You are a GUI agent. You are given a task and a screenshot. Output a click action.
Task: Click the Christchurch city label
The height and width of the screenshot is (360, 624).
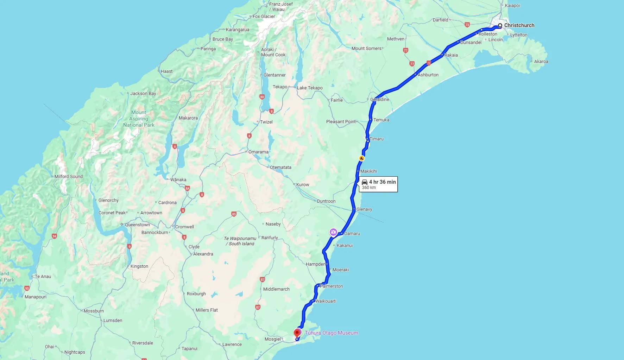click(519, 25)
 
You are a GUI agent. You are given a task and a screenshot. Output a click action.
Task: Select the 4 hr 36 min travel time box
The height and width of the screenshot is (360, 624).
click(378, 184)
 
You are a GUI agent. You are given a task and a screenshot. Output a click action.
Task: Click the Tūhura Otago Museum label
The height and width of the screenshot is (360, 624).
click(331, 333)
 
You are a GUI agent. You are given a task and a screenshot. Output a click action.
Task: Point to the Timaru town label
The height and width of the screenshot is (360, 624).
click(376, 139)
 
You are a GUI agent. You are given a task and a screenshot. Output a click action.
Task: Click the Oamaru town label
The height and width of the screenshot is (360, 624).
click(352, 234)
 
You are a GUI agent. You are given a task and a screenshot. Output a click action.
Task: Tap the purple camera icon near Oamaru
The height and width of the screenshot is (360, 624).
click(333, 232)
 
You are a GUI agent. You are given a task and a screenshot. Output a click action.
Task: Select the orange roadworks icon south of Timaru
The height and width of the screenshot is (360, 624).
click(361, 158)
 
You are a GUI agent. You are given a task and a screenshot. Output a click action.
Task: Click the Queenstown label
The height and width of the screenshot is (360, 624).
click(137, 225)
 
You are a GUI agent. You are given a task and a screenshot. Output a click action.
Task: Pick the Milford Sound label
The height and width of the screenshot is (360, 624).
click(69, 177)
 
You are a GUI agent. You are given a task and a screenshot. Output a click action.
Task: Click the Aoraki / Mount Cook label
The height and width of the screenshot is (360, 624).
click(273, 52)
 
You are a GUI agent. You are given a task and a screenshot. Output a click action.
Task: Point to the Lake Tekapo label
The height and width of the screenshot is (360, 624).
click(310, 88)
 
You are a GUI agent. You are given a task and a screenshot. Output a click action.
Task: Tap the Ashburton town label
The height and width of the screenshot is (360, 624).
click(428, 75)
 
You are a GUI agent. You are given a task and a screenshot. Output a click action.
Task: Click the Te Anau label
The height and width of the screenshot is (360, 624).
click(43, 277)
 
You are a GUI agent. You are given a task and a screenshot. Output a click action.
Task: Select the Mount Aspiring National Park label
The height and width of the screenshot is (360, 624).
click(139, 119)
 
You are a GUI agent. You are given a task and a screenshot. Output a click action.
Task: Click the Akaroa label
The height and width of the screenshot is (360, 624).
click(541, 62)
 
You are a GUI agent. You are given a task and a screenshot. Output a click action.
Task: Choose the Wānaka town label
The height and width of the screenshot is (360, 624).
click(178, 180)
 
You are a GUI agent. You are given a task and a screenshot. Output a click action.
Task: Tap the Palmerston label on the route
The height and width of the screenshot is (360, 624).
click(331, 286)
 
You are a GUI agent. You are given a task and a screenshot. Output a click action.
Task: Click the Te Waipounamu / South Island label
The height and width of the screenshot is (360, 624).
click(240, 241)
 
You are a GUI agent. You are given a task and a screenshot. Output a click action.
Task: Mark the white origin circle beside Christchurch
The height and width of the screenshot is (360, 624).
click(500, 26)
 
